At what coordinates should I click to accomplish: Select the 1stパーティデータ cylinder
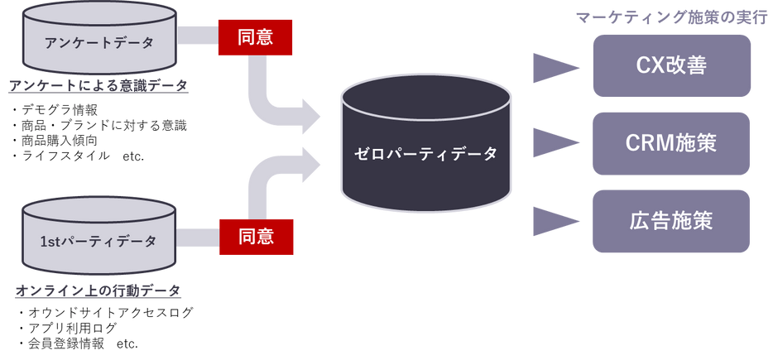coord(99,237)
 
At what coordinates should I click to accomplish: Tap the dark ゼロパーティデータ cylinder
coord(425,143)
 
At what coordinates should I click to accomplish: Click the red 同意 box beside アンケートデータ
coord(255,38)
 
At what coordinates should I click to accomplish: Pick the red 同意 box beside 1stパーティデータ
coord(256,237)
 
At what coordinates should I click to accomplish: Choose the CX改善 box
coord(672,66)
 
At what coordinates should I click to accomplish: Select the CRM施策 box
coord(671,143)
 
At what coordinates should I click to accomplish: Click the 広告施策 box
coord(671,221)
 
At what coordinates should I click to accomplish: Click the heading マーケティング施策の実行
coord(671,18)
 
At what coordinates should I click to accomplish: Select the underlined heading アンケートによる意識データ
coord(98,86)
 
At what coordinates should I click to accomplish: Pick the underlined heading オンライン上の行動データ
coord(98,290)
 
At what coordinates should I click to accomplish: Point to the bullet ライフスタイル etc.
coord(77,156)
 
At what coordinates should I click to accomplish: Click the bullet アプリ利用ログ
coord(67,328)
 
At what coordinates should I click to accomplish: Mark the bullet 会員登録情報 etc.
coord(78,343)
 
